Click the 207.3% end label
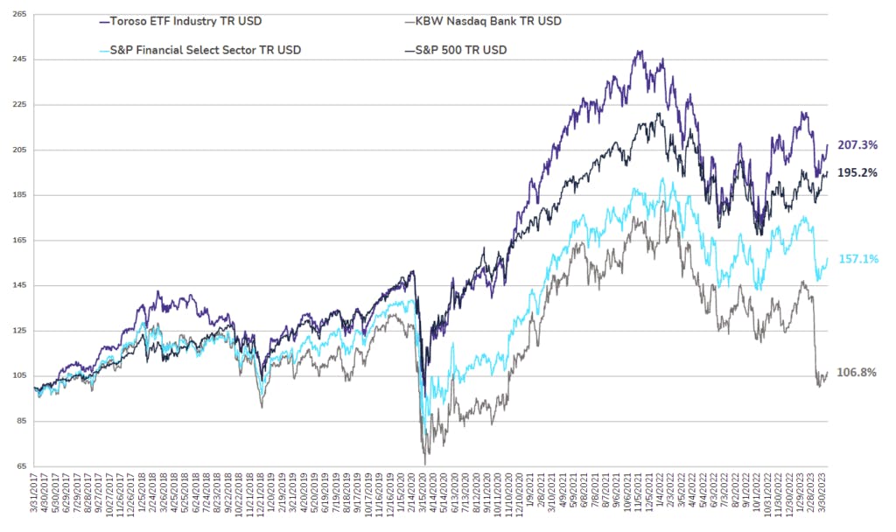pos(857,144)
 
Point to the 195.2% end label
pos(857,172)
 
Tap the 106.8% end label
pos(857,373)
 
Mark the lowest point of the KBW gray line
pos(425,465)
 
